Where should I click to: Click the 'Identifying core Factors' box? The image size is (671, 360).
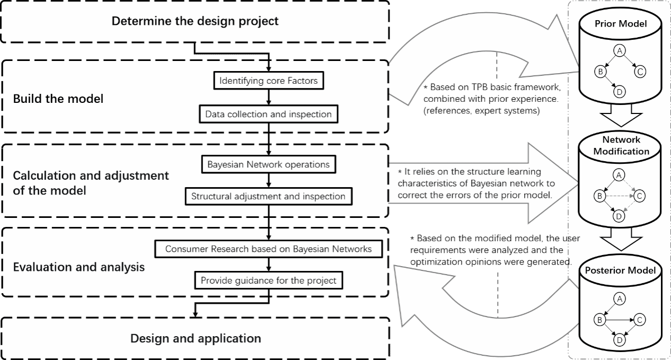(269, 82)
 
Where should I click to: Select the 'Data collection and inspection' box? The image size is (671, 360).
(269, 114)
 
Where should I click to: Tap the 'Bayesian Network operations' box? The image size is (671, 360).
(269, 164)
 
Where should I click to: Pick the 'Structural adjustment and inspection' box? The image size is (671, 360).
(269, 196)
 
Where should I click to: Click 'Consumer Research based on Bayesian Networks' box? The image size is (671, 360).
(269, 249)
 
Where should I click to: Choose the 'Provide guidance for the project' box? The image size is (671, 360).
(269, 280)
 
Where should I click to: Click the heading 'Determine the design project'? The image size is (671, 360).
(195, 22)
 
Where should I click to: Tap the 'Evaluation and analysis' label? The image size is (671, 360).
(78, 267)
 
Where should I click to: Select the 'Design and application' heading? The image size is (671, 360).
(196, 338)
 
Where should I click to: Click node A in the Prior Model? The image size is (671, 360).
(619, 50)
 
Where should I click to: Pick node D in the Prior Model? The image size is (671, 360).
(619, 92)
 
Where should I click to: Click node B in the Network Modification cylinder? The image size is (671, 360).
(599, 196)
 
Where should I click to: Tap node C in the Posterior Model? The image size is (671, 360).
(640, 320)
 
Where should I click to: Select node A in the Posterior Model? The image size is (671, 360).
(619, 299)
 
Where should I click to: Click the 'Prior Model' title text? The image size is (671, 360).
(620, 24)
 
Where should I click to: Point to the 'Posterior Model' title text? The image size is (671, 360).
(620, 270)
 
